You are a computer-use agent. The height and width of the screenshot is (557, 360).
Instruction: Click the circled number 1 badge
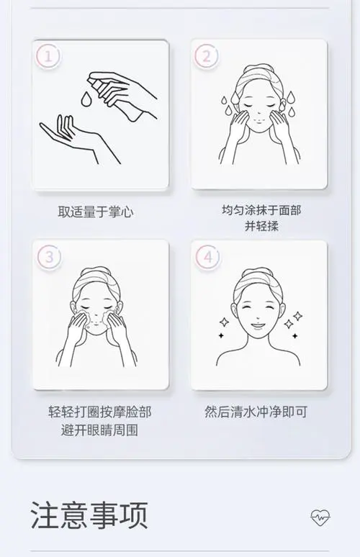[48, 55]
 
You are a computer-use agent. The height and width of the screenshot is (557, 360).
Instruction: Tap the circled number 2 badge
[207, 55]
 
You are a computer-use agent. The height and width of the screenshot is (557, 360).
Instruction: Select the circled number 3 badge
[48, 256]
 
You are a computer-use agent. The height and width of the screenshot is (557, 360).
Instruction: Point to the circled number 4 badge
[207, 256]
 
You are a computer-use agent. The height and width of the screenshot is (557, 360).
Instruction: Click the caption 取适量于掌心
[96, 212]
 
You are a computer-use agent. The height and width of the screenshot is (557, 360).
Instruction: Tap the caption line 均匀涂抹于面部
[261, 211]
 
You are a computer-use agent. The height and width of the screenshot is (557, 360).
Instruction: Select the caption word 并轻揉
[261, 227]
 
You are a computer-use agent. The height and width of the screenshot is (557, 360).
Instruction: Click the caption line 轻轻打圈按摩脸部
[100, 413]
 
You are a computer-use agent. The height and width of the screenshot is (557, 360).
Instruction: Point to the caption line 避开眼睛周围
[100, 430]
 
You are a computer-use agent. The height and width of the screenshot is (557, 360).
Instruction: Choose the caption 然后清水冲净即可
[256, 413]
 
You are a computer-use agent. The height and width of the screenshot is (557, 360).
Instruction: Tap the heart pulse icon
[320, 517]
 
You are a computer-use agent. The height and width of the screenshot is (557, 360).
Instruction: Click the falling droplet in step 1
[87, 99]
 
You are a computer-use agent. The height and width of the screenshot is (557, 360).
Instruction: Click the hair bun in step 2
[258, 71]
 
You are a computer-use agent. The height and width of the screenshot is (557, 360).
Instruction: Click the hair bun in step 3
[100, 273]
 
